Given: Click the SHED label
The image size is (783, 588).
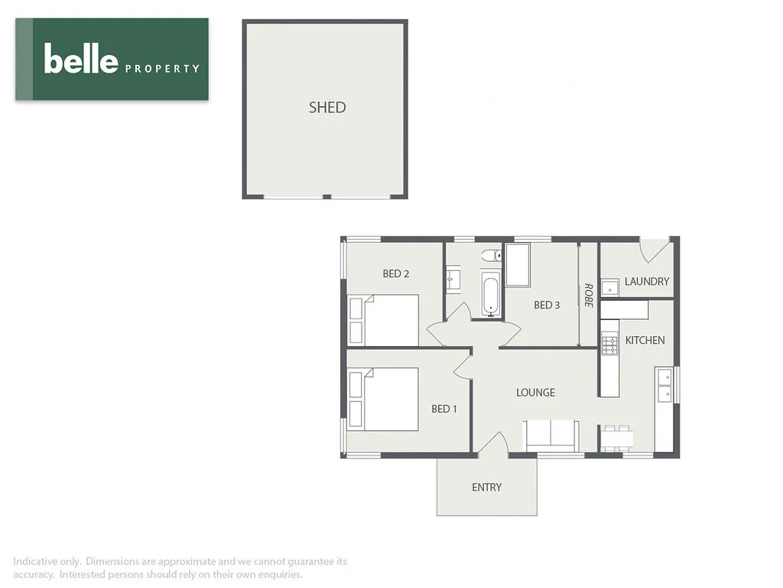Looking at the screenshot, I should (327, 108).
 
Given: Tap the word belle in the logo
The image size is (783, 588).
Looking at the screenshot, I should (80, 59).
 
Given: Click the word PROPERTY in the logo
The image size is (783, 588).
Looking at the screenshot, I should (161, 68).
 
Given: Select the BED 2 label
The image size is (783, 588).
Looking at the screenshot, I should (396, 274).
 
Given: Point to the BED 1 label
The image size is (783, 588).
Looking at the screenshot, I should (444, 409).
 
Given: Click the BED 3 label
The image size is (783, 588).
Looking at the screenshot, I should (547, 305).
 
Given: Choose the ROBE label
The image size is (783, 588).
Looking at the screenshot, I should (588, 295).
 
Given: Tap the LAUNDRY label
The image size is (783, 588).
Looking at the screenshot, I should (646, 282).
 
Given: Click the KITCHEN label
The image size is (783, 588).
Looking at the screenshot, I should (645, 340).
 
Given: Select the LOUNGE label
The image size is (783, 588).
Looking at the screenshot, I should (535, 393).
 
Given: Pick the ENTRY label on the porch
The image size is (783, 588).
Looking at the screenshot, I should (486, 487).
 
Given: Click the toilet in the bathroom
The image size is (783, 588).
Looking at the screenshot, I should (490, 256).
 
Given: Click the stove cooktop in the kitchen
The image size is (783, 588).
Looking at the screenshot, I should (609, 345).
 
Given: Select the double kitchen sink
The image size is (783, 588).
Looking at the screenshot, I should (664, 384).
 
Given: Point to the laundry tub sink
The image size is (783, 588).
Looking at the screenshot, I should (609, 288).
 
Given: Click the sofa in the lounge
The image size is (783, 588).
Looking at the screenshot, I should (551, 436).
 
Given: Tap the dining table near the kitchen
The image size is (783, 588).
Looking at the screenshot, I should (616, 439).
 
